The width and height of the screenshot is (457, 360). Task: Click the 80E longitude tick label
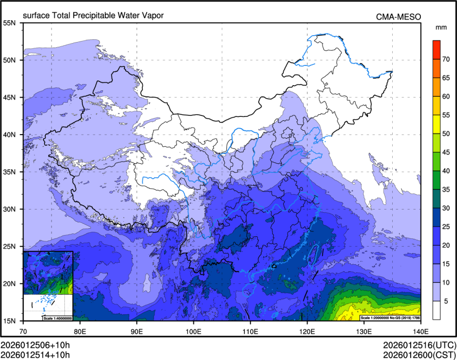[x=80, y=330]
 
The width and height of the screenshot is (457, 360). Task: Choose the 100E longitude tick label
[x=193, y=330]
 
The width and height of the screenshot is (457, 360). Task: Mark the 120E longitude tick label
[x=307, y=330]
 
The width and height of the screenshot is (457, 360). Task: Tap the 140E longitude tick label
[x=420, y=330]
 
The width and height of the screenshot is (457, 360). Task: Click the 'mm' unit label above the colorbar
[x=441, y=27]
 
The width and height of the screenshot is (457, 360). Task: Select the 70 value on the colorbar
[x=446, y=59]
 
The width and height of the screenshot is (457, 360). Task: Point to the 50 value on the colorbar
[x=446, y=133]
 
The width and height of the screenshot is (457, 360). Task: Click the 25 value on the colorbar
[x=446, y=227]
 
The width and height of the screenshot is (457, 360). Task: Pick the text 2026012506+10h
[x=36, y=345]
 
